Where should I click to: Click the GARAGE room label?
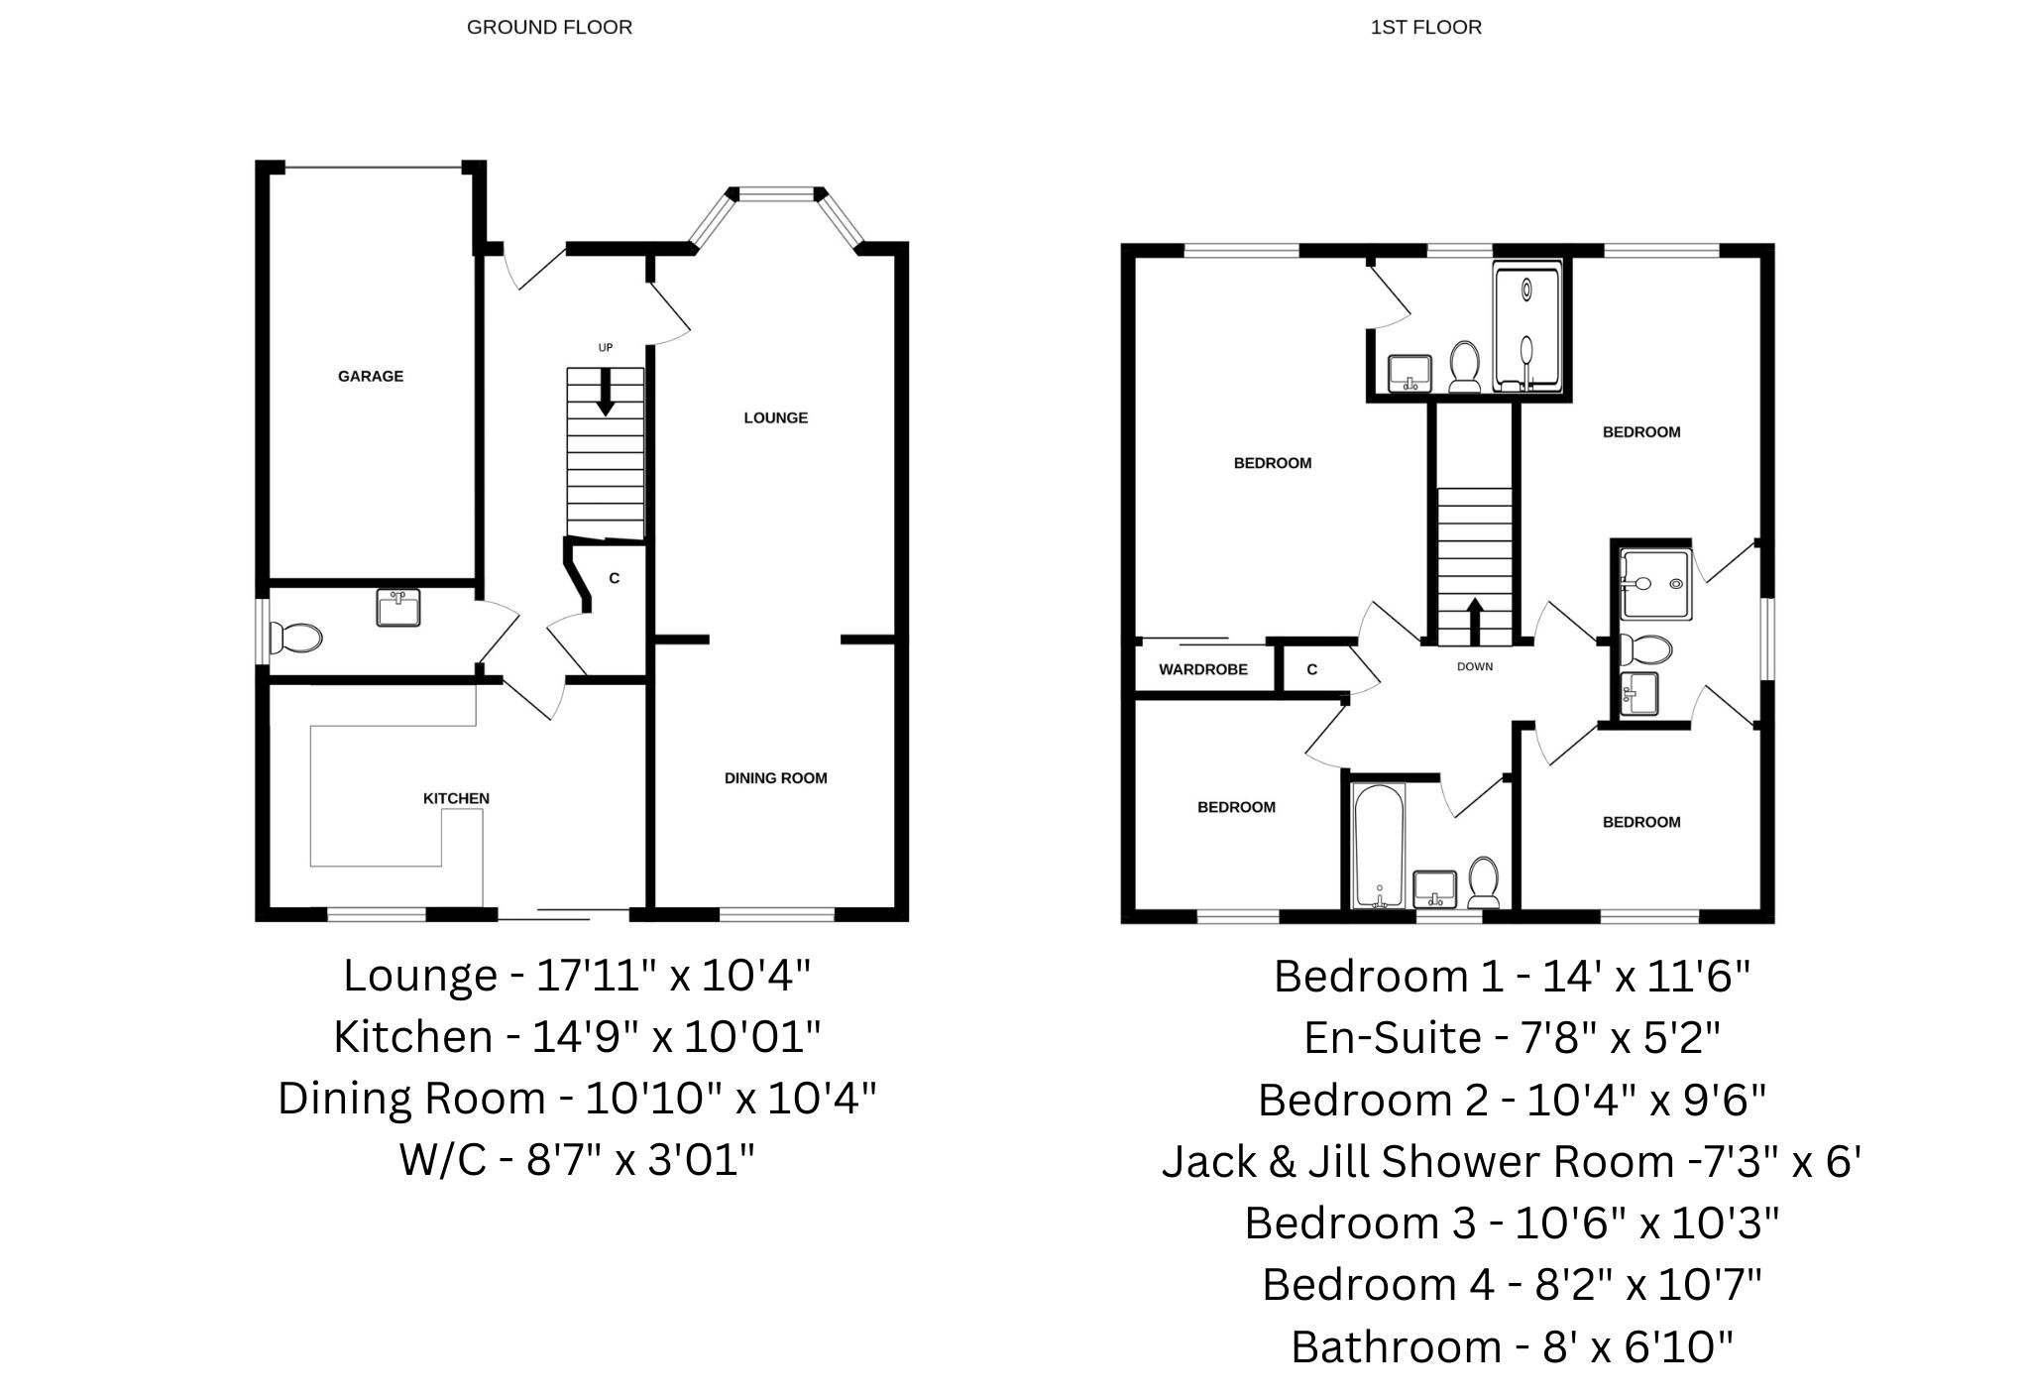click(x=371, y=377)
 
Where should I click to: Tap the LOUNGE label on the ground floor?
click(x=776, y=418)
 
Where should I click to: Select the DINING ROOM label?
click(x=776, y=778)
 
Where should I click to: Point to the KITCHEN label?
click(x=456, y=798)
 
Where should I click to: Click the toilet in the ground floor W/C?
click(x=296, y=638)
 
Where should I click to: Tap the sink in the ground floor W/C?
click(x=398, y=607)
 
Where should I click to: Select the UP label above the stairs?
click(x=606, y=348)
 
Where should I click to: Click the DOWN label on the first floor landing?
click(x=1475, y=666)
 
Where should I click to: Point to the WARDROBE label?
click(x=1203, y=669)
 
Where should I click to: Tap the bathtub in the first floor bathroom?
click(x=1379, y=846)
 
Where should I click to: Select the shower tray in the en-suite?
click(x=1527, y=327)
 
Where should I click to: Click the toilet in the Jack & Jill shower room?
click(x=1645, y=650)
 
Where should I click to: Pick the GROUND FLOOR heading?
click(x=549, y=28)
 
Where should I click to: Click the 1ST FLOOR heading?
click(x=1426, y=28)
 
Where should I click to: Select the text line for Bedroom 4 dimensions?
click(x=1513, y=1285)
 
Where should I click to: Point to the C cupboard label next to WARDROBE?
click(x=1312, y=669)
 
